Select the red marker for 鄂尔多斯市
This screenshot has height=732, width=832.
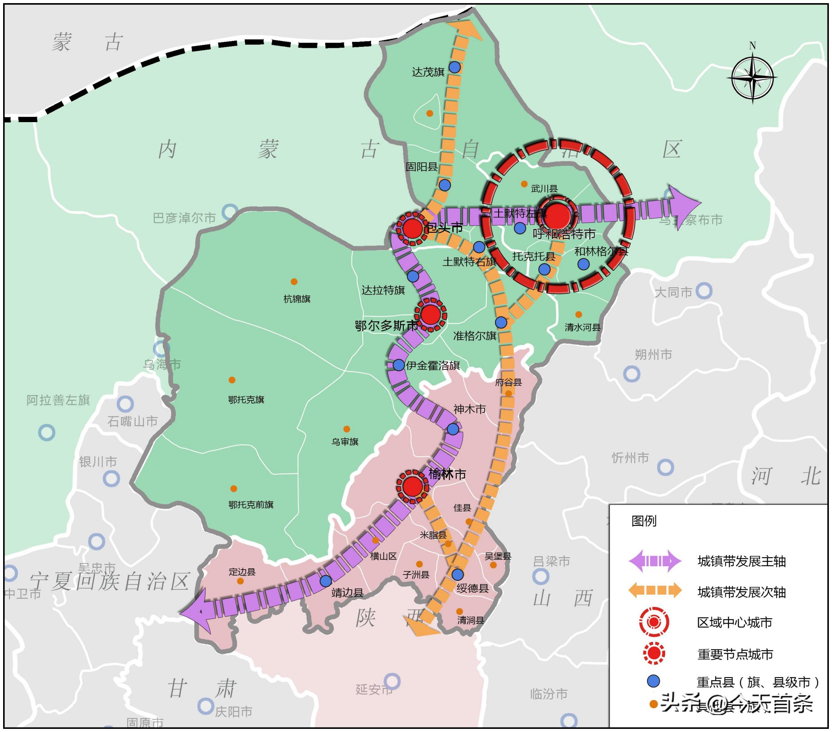click(430, 314)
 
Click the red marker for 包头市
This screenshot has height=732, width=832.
click(412, 229)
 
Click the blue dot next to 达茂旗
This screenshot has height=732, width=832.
click(455, 67)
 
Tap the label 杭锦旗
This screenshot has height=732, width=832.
click(297, 299)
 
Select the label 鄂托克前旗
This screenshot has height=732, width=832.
click(251, 505)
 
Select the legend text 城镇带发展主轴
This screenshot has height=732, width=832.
click(741, 561)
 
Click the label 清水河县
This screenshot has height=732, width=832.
click(582, 327)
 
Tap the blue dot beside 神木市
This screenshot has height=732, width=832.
click(453, 429)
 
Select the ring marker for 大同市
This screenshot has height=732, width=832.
click(704, 291)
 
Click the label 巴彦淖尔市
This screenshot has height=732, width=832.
click(184, 218)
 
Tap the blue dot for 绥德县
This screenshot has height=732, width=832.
click(458, 575)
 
